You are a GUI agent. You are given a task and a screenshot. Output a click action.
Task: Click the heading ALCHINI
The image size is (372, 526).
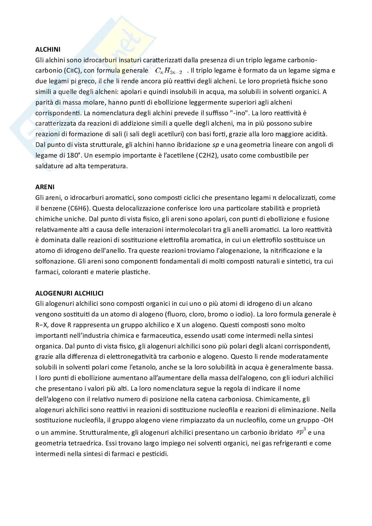tap(48, 50)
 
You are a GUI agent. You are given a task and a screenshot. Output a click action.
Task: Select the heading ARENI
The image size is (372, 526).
tap(45, 187)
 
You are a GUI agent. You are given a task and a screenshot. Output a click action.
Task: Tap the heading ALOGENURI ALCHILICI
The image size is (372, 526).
tap(69, 293)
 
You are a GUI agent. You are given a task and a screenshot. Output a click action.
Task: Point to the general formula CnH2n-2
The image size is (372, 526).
tap(169, 71)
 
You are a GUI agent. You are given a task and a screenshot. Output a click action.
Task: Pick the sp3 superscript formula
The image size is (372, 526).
tap(301, 432)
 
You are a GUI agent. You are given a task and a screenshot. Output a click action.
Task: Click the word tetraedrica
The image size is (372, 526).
tap(82, 443)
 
